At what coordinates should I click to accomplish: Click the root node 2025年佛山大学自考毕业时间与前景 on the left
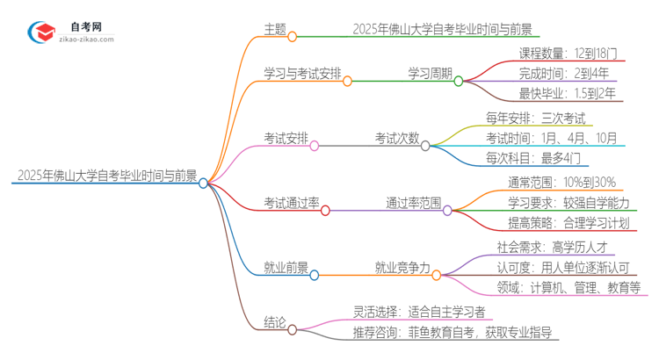(x=105, y=175)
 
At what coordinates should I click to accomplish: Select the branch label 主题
(x=275, y=28)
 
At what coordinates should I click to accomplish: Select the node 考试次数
(x=397, y=137)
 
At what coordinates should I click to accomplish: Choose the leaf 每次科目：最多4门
(x=532, y=159)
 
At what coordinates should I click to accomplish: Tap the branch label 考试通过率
(x=291, y=202)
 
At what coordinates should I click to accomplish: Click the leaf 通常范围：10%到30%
(x=549, y=182)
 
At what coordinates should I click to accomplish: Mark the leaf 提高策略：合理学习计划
(x=557, y=224)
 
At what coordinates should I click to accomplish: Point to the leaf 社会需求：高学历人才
(x=551, y=246)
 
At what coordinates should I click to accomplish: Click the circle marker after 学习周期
(x=458, y=81)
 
